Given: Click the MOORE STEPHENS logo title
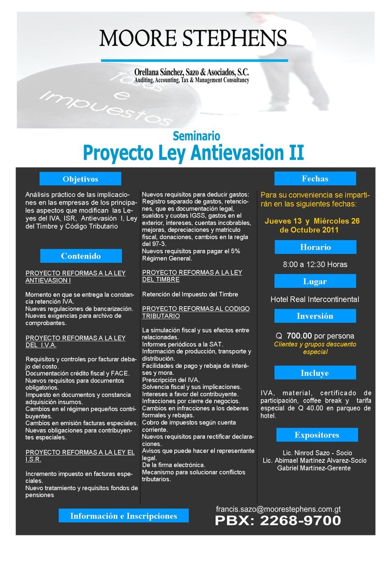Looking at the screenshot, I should tap(193, 38).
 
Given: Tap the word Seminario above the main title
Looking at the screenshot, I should tap(196, 136).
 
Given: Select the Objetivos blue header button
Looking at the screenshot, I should tap(80, 179).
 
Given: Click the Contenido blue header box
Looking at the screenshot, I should tap(81, 256).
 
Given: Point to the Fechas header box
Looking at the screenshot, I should tap(315, 178).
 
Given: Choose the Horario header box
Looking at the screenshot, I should tap(315, 247).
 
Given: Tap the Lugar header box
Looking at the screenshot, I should tap(315, 281).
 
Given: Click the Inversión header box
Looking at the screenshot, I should tap(315, 316).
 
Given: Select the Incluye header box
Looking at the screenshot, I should tap(315, 373).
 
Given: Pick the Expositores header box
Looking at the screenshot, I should tap(317, 435).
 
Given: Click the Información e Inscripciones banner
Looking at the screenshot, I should tap(124, 516).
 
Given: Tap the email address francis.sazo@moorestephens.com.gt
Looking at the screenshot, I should tap(278, 509).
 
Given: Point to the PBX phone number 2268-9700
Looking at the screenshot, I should tap(278, 521).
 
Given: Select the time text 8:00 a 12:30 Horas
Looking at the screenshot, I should tap(315, 264).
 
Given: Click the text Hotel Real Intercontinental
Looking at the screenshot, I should tap(315, 299).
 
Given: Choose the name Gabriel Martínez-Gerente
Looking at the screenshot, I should tap(314, 468).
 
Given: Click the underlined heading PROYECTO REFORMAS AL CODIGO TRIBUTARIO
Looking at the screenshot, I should tap(196, 312).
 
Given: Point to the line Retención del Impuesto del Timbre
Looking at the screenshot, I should tap(190, 294).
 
